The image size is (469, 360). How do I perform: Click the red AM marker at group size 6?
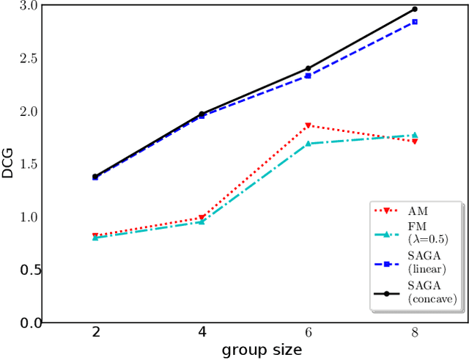pos(308,125)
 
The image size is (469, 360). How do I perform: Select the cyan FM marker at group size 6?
pos(308,144)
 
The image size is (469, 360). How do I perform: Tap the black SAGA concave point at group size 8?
pos(414,9)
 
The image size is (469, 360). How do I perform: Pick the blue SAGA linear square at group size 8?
pos(414,22)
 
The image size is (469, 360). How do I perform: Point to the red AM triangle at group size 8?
pos(414,141)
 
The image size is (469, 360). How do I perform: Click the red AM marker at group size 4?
pos(202,218)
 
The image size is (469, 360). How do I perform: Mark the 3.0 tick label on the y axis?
pos(26,6)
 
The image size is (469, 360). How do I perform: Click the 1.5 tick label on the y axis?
pos(26,164)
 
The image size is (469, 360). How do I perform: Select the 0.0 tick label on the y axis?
pos(26,323)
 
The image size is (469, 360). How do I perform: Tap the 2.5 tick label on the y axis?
pos(26,59)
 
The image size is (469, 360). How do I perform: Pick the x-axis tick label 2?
pos(96,333)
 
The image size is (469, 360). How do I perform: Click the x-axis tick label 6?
pos(308,333)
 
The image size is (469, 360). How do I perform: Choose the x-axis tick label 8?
pos(414,333)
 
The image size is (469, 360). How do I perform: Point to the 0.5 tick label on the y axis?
pos(26,270)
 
